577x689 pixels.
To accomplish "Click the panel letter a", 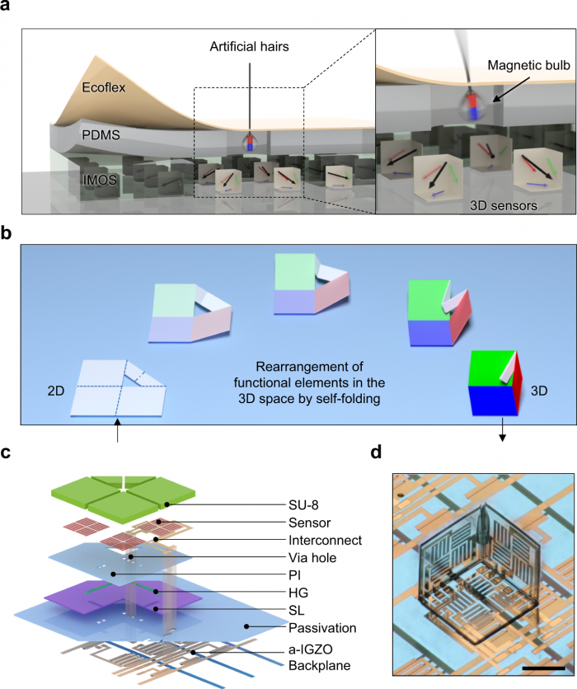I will pos(7,7).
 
